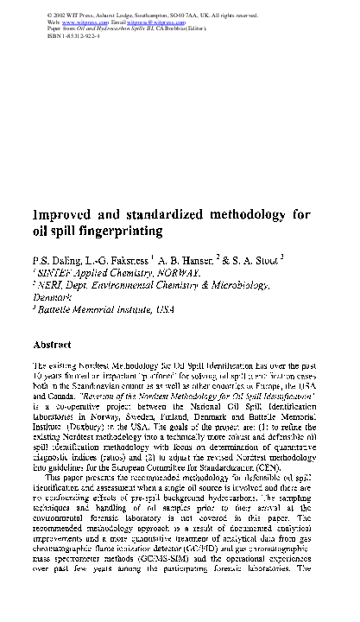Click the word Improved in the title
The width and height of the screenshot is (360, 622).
point(66,213)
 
